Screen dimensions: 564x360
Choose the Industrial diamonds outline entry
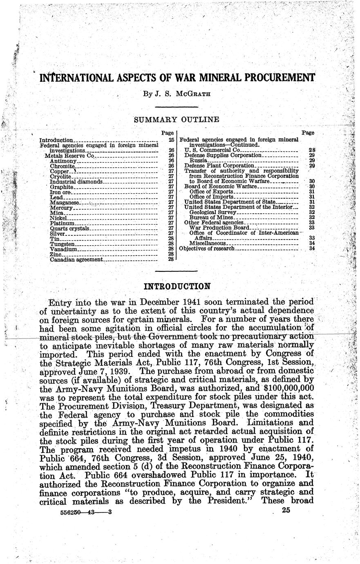[76, 181]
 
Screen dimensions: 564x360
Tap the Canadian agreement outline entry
[76, 259]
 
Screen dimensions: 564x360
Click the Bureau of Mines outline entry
[208, 217]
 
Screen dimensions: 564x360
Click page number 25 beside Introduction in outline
[171, 140]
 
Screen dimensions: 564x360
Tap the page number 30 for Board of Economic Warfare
[311, 186]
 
